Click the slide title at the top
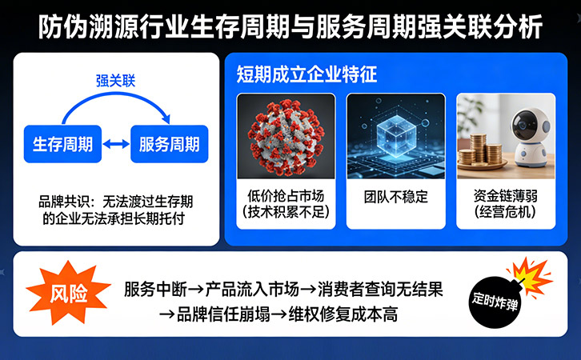(290, 26)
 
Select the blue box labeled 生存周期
(62, 145)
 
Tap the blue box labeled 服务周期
(169, 145)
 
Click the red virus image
(286, 135)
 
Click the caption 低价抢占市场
(286, 196)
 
